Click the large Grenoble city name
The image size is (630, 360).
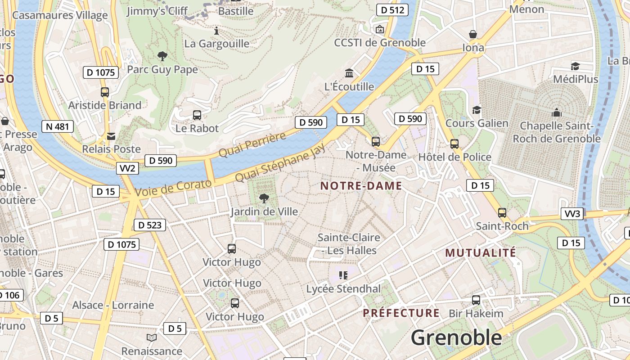pyautogui.click(x=456, y=337)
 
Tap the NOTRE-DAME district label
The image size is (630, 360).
pyautogui.click(x=361, y=186)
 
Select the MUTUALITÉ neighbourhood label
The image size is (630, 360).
pyautogui.click(x=481, y=253)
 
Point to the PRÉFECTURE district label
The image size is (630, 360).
pyautogui.click(x=401, y=313)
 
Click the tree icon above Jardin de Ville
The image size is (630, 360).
pyautogui.click(x=264, y=198)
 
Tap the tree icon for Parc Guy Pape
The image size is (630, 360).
pyautogui.click(x=162, y=56)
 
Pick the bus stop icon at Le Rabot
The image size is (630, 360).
pyautogui.click(x=197, y=115)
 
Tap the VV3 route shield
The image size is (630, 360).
pyautogui.click(x=572, y=213)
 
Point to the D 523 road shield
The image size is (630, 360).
pyautogui.click(x=150, y=225)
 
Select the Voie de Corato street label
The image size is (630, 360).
pyautogui.click(x=173, y=187)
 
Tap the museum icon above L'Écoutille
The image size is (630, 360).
pyautogui.click(x=349, y=73)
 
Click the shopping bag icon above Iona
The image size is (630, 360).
pyautogui.click(x=473, y=34)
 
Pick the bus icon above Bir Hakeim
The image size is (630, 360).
pyautogui.click(x=476, y=300)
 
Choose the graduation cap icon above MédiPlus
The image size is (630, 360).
pyautogui.click(x=575, y=66)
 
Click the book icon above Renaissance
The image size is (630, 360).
pyautogui.click(x=152, y=337)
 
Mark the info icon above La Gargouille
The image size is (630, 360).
pyautogui.click(x=216, y=31)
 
